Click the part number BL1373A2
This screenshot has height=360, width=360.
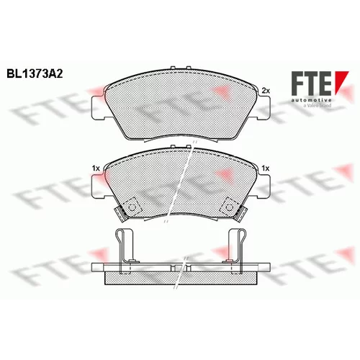(35, 74)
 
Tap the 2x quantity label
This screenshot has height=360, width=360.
(266, 91)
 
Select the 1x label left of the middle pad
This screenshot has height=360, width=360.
(96, 168)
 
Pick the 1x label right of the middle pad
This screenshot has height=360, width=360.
(266, 168)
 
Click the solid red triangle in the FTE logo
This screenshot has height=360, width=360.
(341, 81)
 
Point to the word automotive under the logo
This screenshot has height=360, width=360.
(312, 100)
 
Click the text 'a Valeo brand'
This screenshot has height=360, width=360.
(317, 105)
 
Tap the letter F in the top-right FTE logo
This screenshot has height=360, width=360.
(297, 83)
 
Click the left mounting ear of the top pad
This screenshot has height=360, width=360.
(99, 107)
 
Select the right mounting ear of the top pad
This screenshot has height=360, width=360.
(264, 107)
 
